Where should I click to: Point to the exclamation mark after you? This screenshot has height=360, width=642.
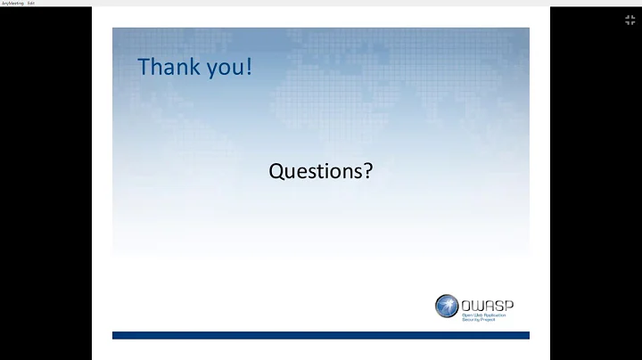[249, 67]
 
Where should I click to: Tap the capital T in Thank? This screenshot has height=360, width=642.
[144, 67]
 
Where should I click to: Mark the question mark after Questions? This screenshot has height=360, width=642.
[367, 170]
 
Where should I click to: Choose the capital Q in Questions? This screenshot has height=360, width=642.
[276, 170]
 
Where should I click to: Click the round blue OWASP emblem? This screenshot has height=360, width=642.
[447, 307]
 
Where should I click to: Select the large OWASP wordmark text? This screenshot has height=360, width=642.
[488, 303]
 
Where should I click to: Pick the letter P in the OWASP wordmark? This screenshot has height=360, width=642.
[508, 303]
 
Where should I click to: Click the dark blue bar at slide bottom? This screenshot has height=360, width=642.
[320, 335]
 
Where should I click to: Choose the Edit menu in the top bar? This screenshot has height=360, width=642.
[31, 3]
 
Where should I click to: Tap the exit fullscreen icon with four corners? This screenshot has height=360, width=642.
[630, 20]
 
